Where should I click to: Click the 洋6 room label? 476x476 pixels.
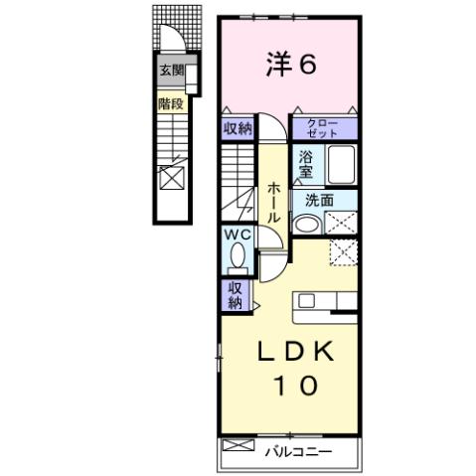coord(290,66)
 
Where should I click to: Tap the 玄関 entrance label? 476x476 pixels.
coord(171,71)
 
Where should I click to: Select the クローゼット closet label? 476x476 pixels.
coord(322,128)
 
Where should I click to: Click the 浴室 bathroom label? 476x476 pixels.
coord(306,163)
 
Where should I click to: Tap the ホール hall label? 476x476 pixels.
coord(272,204)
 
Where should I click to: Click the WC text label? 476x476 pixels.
coord(238,235)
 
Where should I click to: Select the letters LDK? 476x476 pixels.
coord(289,353)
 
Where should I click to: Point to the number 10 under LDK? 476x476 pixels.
coord(289,387)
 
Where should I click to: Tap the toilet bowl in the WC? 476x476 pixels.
coord(238,257)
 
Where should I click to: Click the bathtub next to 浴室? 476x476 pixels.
coord(342,163)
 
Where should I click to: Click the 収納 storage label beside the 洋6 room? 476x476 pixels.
coord(238,128)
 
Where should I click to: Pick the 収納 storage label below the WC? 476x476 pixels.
coord(236,294)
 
